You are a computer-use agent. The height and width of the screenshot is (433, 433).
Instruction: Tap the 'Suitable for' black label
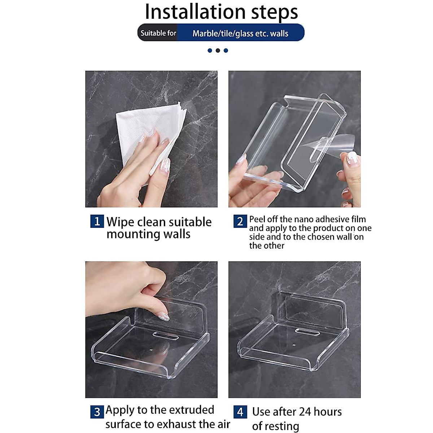point(158,33)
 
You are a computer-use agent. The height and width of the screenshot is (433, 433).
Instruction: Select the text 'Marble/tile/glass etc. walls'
point(240,34)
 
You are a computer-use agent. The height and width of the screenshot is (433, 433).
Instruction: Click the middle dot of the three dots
point(218,51)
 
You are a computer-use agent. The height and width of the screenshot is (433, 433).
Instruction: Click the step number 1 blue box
point(97,221)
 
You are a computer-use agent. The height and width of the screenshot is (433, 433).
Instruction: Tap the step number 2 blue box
point(240,221)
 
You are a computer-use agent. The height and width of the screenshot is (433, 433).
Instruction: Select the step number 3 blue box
point(97,412)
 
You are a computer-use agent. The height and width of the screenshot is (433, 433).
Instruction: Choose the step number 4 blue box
point(240,412)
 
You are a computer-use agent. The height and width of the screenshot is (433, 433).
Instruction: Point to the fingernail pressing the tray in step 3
point(163,316)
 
